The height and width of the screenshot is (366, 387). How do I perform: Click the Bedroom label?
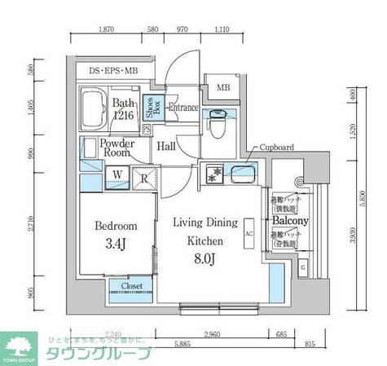(x=115, y=226)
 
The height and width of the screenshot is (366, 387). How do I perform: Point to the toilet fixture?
(x=217, y=123)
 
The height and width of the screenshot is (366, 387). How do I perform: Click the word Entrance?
(x=184, y=108)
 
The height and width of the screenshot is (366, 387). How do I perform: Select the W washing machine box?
(x=117, y=174)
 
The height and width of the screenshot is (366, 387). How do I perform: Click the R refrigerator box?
(x=143, y=174)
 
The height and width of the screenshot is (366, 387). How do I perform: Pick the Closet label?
(x=132, y=287)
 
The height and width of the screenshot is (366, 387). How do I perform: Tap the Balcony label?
(x=289, y=221)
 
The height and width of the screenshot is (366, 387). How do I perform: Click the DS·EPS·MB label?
(x=115, y=72)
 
